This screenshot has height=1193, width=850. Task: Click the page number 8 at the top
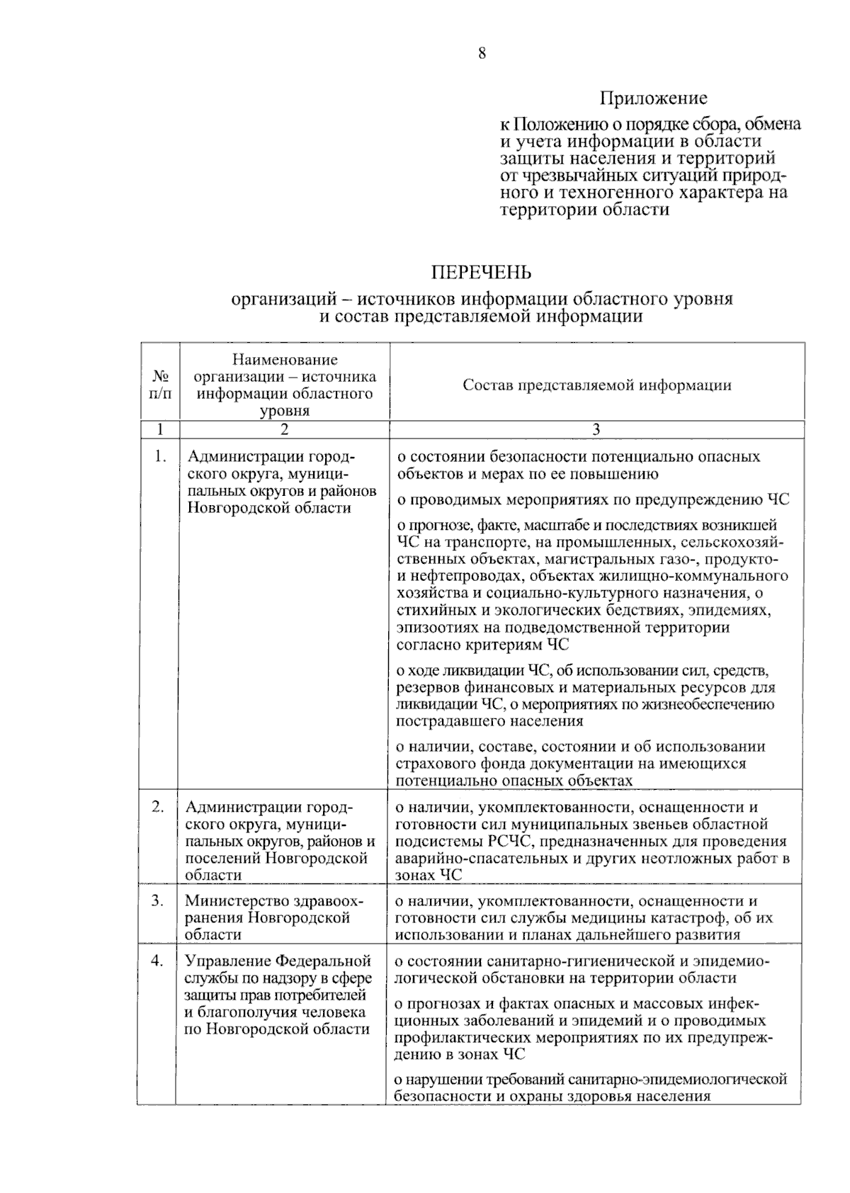point(482,53)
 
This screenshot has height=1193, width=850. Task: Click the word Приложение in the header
point(653,98)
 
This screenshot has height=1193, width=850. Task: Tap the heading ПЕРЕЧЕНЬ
point(482,272)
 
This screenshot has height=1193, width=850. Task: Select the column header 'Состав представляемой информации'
point(596,385)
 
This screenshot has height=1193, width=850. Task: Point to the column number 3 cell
point(596,429)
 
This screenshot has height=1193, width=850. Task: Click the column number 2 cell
point(284,429)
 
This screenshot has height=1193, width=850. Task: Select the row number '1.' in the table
point(160,457)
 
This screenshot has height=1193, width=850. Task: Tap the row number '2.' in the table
point(158,807)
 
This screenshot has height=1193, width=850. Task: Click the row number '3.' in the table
point(158,900)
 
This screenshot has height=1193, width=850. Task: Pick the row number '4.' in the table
point(158,961)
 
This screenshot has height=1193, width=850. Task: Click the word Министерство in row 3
point(234,900)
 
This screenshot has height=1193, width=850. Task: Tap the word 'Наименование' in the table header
point(285,360)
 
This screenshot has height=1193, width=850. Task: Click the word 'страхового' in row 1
point(433,764)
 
